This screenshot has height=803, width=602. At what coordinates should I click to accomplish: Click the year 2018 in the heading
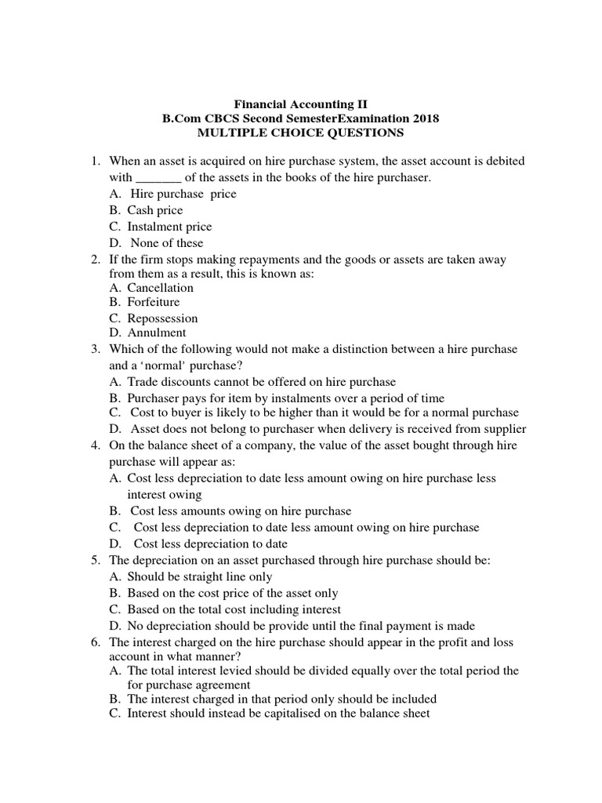tap(424, 118)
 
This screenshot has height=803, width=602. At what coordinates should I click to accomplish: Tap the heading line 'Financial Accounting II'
tap(301, 104)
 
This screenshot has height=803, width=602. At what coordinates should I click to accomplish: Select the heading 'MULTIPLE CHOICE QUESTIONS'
tap(301, 133)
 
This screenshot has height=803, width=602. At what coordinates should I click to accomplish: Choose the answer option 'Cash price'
tap(155, 210)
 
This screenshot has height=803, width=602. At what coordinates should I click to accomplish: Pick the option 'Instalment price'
tap(169, 227)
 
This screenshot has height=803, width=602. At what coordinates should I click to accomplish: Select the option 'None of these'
tap(166, 243)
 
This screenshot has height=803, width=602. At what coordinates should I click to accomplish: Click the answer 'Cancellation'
tap(160, 288)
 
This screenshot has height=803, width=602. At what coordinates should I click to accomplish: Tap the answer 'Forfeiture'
tap(154, 302)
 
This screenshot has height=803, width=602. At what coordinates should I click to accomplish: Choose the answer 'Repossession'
tap(162, 318)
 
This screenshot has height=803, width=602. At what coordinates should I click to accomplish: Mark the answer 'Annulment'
tap(157, 332)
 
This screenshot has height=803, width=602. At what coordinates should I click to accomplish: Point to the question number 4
tap(95, 445)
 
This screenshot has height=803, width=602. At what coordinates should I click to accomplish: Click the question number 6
tap(95, 641)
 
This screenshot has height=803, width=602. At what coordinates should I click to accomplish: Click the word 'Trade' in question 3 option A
tap(143, 382)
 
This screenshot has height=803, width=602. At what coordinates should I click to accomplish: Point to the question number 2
tap(95, 260)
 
